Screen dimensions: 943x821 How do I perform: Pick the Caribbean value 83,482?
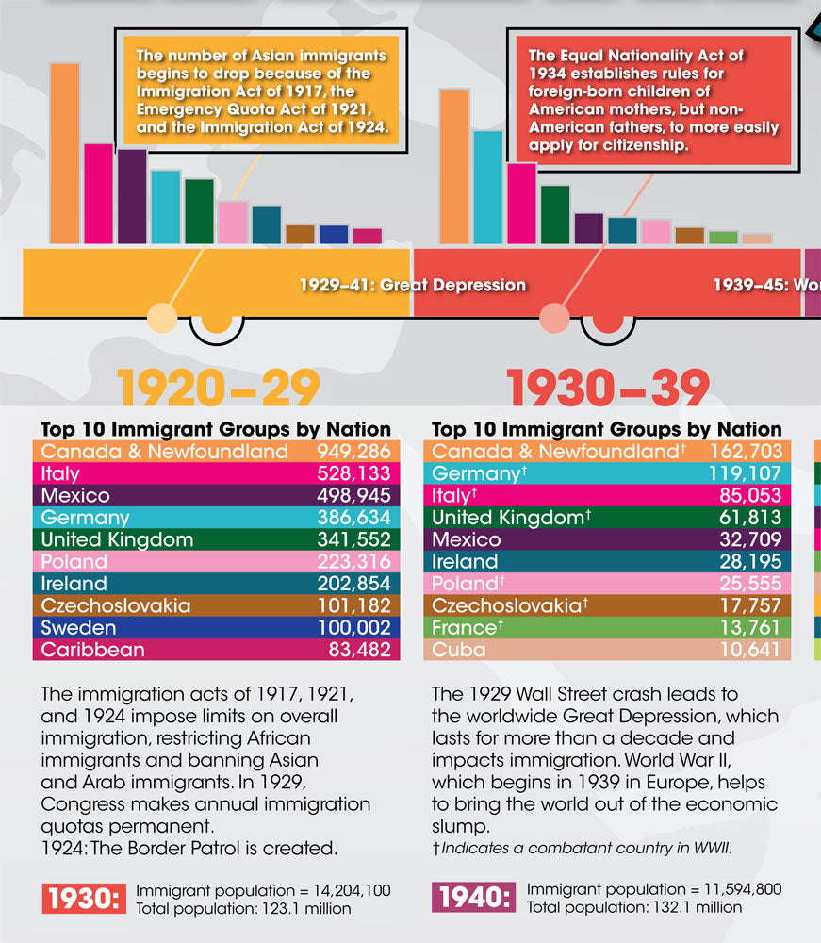click(x=359, y=650)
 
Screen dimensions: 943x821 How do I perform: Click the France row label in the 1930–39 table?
click(x=464, y=628)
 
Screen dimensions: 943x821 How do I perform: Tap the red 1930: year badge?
click(x=83, y=899)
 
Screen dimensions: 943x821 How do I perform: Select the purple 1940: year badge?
click(x=474, y=899)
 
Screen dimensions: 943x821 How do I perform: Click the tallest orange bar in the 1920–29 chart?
click(x=64, y=153)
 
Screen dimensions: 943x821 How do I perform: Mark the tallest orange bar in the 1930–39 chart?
click(x=454, y=167)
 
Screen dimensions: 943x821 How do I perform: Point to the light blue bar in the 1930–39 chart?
click(x=487, y=188)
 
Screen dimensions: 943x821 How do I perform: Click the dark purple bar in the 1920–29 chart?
click(x=132, y=196)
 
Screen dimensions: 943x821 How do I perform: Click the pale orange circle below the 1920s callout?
click(x=162, y=318)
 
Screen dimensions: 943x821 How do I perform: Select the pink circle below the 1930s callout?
click(x=554, y=318)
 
